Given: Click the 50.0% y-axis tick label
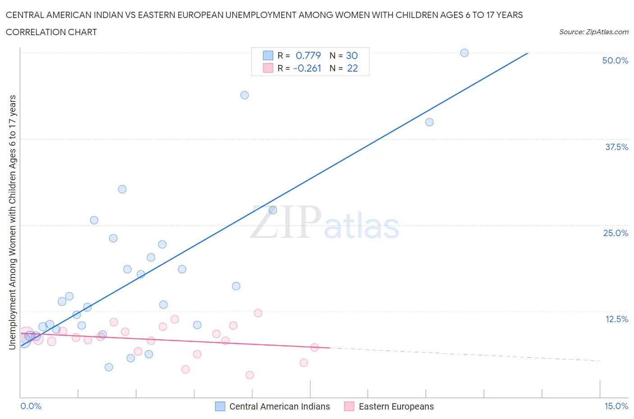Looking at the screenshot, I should [x=615, y=60].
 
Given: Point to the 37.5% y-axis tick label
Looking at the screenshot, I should [x=616, y=147].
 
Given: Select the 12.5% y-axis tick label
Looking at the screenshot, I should [x=616, y=319].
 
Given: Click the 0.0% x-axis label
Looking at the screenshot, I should [x=31, y=406].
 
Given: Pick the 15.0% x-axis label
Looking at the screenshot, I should [x=616, y=406].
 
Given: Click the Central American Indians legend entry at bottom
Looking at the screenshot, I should [x=279, y=406].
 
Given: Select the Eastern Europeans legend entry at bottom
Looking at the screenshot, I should [x=395, y=406].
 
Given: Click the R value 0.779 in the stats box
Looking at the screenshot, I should [x=308, y=55].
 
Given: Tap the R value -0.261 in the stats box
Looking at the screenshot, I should [x=307, y=68].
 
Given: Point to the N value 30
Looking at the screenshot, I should [x=352, y=55].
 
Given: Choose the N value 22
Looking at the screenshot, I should [x=352, y=68].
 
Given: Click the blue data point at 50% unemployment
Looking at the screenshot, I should [x=464, y=53].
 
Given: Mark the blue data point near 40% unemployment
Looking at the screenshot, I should [x=429, y=122].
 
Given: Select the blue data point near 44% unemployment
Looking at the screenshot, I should [x=244, y=95].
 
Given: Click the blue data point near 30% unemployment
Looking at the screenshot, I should [x=122, y=189].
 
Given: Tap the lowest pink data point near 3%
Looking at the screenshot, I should [x=249, y=375].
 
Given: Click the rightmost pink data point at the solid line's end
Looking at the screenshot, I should [x=314, y=347].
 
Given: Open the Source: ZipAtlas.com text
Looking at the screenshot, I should [x=593, y=32].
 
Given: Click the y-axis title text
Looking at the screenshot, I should [x=12, y=222].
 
